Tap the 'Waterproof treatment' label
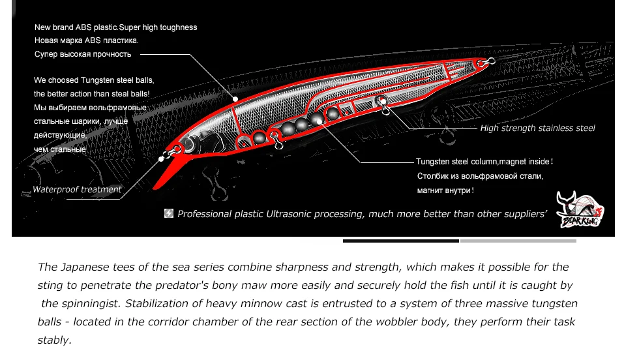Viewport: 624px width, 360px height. click(x=77, y=190)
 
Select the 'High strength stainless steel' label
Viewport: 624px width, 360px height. click(x=537, y=128)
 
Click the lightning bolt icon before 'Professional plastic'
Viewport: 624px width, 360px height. click(x=169, y=214)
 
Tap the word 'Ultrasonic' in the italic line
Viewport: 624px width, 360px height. click(x=293, y=214)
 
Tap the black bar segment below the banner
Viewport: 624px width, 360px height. click(x=400, y=241)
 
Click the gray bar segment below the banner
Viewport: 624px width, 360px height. click(x=518, y=241)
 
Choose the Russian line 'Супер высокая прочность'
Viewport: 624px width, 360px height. click(x=82, y=54)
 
